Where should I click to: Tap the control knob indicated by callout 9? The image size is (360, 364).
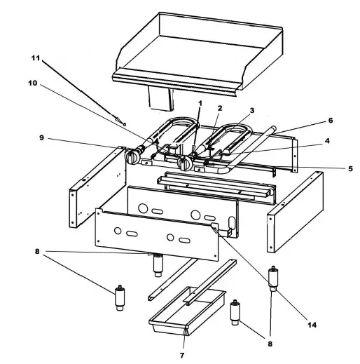pos(131,158)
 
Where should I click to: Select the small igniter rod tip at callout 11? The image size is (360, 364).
pos(124,123)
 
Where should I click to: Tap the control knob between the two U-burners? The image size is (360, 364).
pos(185,164)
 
